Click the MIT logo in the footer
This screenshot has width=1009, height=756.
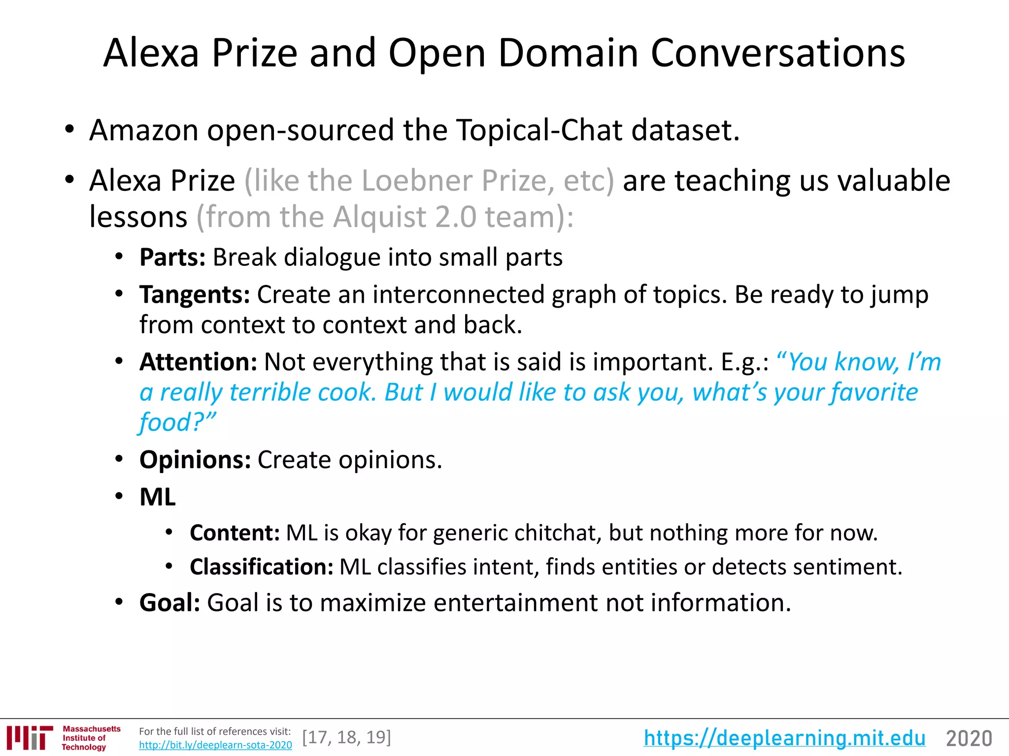tap(30, 738)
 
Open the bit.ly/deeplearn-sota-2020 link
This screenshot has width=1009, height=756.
tap(215, 745)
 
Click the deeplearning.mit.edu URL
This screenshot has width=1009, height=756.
tap(784, 738)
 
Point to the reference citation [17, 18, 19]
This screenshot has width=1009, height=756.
tap(347, 737)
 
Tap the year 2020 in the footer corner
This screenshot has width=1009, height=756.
tap(969, 739)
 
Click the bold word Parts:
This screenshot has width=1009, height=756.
tap(172, 257)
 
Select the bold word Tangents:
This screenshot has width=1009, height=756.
tap(195, 295)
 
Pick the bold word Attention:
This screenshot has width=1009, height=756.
tap(198, 362)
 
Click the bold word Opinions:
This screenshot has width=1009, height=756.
tap(195, 460)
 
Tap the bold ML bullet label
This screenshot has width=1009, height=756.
tap(158, 497)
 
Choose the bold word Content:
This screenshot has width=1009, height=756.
tap(235, 533)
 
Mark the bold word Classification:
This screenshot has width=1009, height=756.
tap(262, 567)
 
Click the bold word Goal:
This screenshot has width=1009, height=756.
tap(169, 603)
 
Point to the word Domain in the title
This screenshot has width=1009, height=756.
tap(568, 53)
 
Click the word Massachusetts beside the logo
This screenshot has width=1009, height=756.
tap(92, 729)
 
